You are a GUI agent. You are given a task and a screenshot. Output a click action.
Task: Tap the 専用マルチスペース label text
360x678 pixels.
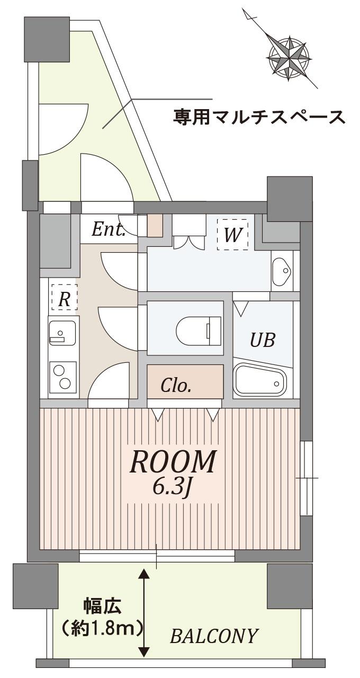coord(259,116)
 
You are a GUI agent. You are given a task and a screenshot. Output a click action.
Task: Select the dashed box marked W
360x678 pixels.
coord(232,234)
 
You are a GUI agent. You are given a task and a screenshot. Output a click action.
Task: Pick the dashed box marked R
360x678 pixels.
coord(64,297)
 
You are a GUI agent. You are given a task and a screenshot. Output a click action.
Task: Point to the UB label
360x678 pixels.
coord(263,340)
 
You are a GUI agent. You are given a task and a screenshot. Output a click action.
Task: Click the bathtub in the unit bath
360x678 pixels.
coord(260,380)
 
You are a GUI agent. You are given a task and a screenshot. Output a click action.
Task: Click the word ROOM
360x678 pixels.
coord(173,462)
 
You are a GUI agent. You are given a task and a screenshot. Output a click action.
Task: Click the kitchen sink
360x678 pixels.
coord(62,333)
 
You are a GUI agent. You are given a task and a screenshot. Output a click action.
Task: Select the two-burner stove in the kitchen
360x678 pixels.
coord(62,377)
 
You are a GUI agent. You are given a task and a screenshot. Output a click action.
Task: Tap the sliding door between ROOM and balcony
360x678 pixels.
coord(157,556)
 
